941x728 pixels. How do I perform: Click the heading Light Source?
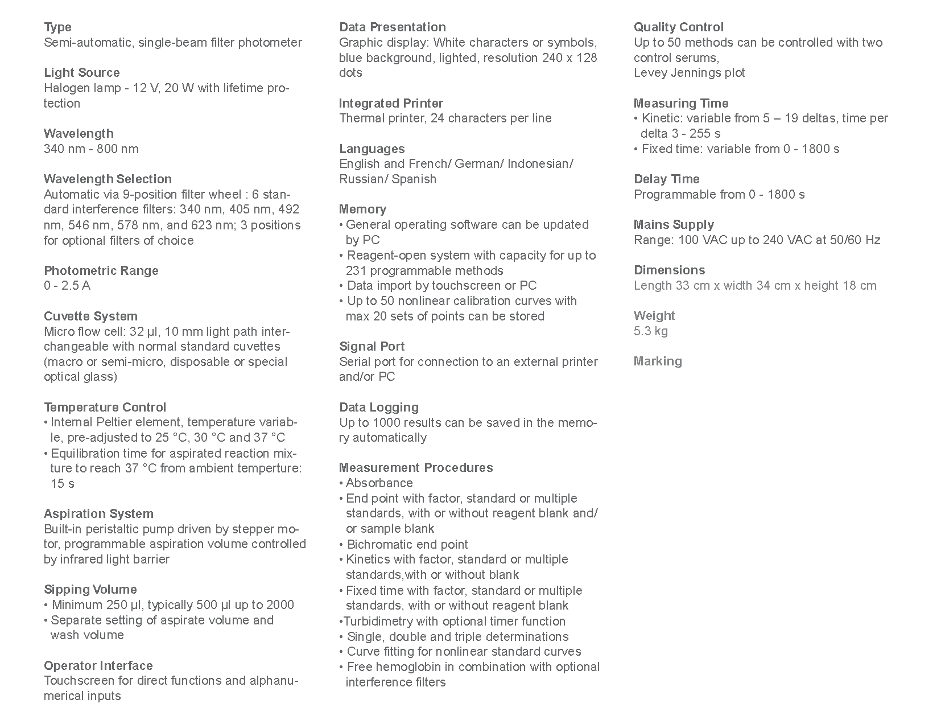click(82, 73)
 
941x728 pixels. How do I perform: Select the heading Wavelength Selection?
click(108, 179)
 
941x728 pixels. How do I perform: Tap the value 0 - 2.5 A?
click(67, 286)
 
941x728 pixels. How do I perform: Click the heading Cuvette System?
click(90, 316)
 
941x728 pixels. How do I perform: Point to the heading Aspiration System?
click(98, 514)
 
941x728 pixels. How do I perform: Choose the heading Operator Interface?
click(98, 666)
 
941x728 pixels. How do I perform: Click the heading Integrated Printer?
click(391, 104)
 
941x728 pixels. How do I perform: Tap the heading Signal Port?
click(372, 347)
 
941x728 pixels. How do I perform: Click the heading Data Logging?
click(378, 408)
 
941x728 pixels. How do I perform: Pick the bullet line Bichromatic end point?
click(407, 545)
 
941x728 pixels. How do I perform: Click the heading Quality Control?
click(678, 27)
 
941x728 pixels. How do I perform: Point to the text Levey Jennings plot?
click(689, 73)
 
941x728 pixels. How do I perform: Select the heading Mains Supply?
click(674, 225)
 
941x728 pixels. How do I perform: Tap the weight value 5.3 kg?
click(651, 331)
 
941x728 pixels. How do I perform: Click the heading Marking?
click(658, 361)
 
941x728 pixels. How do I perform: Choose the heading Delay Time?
click(666, 179)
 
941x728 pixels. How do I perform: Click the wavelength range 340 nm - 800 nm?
click(91, 149)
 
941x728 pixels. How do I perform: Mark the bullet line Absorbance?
click(379, 483)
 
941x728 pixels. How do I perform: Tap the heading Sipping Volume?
click(90, 590)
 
